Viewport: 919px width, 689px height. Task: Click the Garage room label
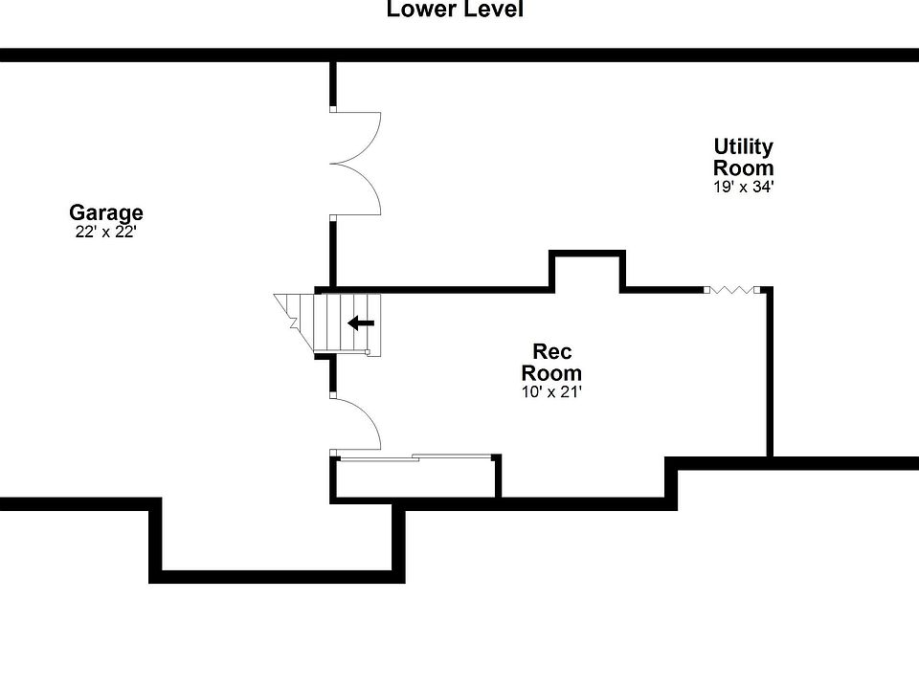[106, 212]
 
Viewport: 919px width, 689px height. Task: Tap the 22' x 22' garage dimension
[106, 232]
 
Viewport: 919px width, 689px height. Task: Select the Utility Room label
[743, 156]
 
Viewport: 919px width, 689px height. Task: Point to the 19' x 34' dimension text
[744, 187]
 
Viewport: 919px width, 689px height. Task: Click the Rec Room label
[551, 362]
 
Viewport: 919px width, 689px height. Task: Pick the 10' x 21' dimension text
[551, 392]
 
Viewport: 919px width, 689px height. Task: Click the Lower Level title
[455, 9]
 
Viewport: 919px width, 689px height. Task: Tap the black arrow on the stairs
[361, 322]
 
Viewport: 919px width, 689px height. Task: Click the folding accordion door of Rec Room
[732, 289]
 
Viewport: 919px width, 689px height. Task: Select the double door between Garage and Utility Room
[355, 163]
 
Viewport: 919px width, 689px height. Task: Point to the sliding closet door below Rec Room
[415, 457]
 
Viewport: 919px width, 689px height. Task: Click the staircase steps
[347, 323]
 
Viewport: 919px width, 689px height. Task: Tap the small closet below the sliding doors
[415, 478]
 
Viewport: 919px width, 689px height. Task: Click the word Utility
[743, 146]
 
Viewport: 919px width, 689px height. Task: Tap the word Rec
[551, 351]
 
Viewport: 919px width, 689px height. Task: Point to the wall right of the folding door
[770, 371]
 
